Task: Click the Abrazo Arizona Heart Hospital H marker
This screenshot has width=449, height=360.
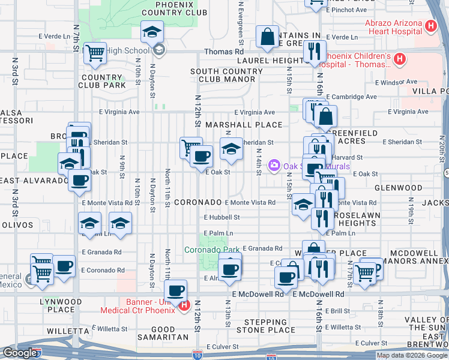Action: click(430, 26)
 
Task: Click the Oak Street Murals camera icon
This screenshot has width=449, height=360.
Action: click(274, 164)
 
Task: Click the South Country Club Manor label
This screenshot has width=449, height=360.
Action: click(226, 75)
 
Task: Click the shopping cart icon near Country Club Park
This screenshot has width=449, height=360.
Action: click(95, 53)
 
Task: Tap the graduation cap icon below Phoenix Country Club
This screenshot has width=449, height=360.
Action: click(152, 32)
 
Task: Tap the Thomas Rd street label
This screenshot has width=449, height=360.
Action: click(218, 52)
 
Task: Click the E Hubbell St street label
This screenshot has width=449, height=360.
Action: click(221, 218)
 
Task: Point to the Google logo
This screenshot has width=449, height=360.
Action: click(20, 353)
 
